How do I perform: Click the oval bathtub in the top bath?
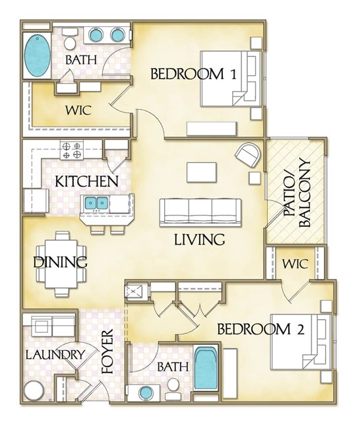(x=37, y=55)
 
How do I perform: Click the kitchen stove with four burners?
(x=71, y=150)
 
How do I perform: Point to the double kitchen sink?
(x=97, y=202)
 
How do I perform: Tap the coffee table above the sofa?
(x=201, y=171)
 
